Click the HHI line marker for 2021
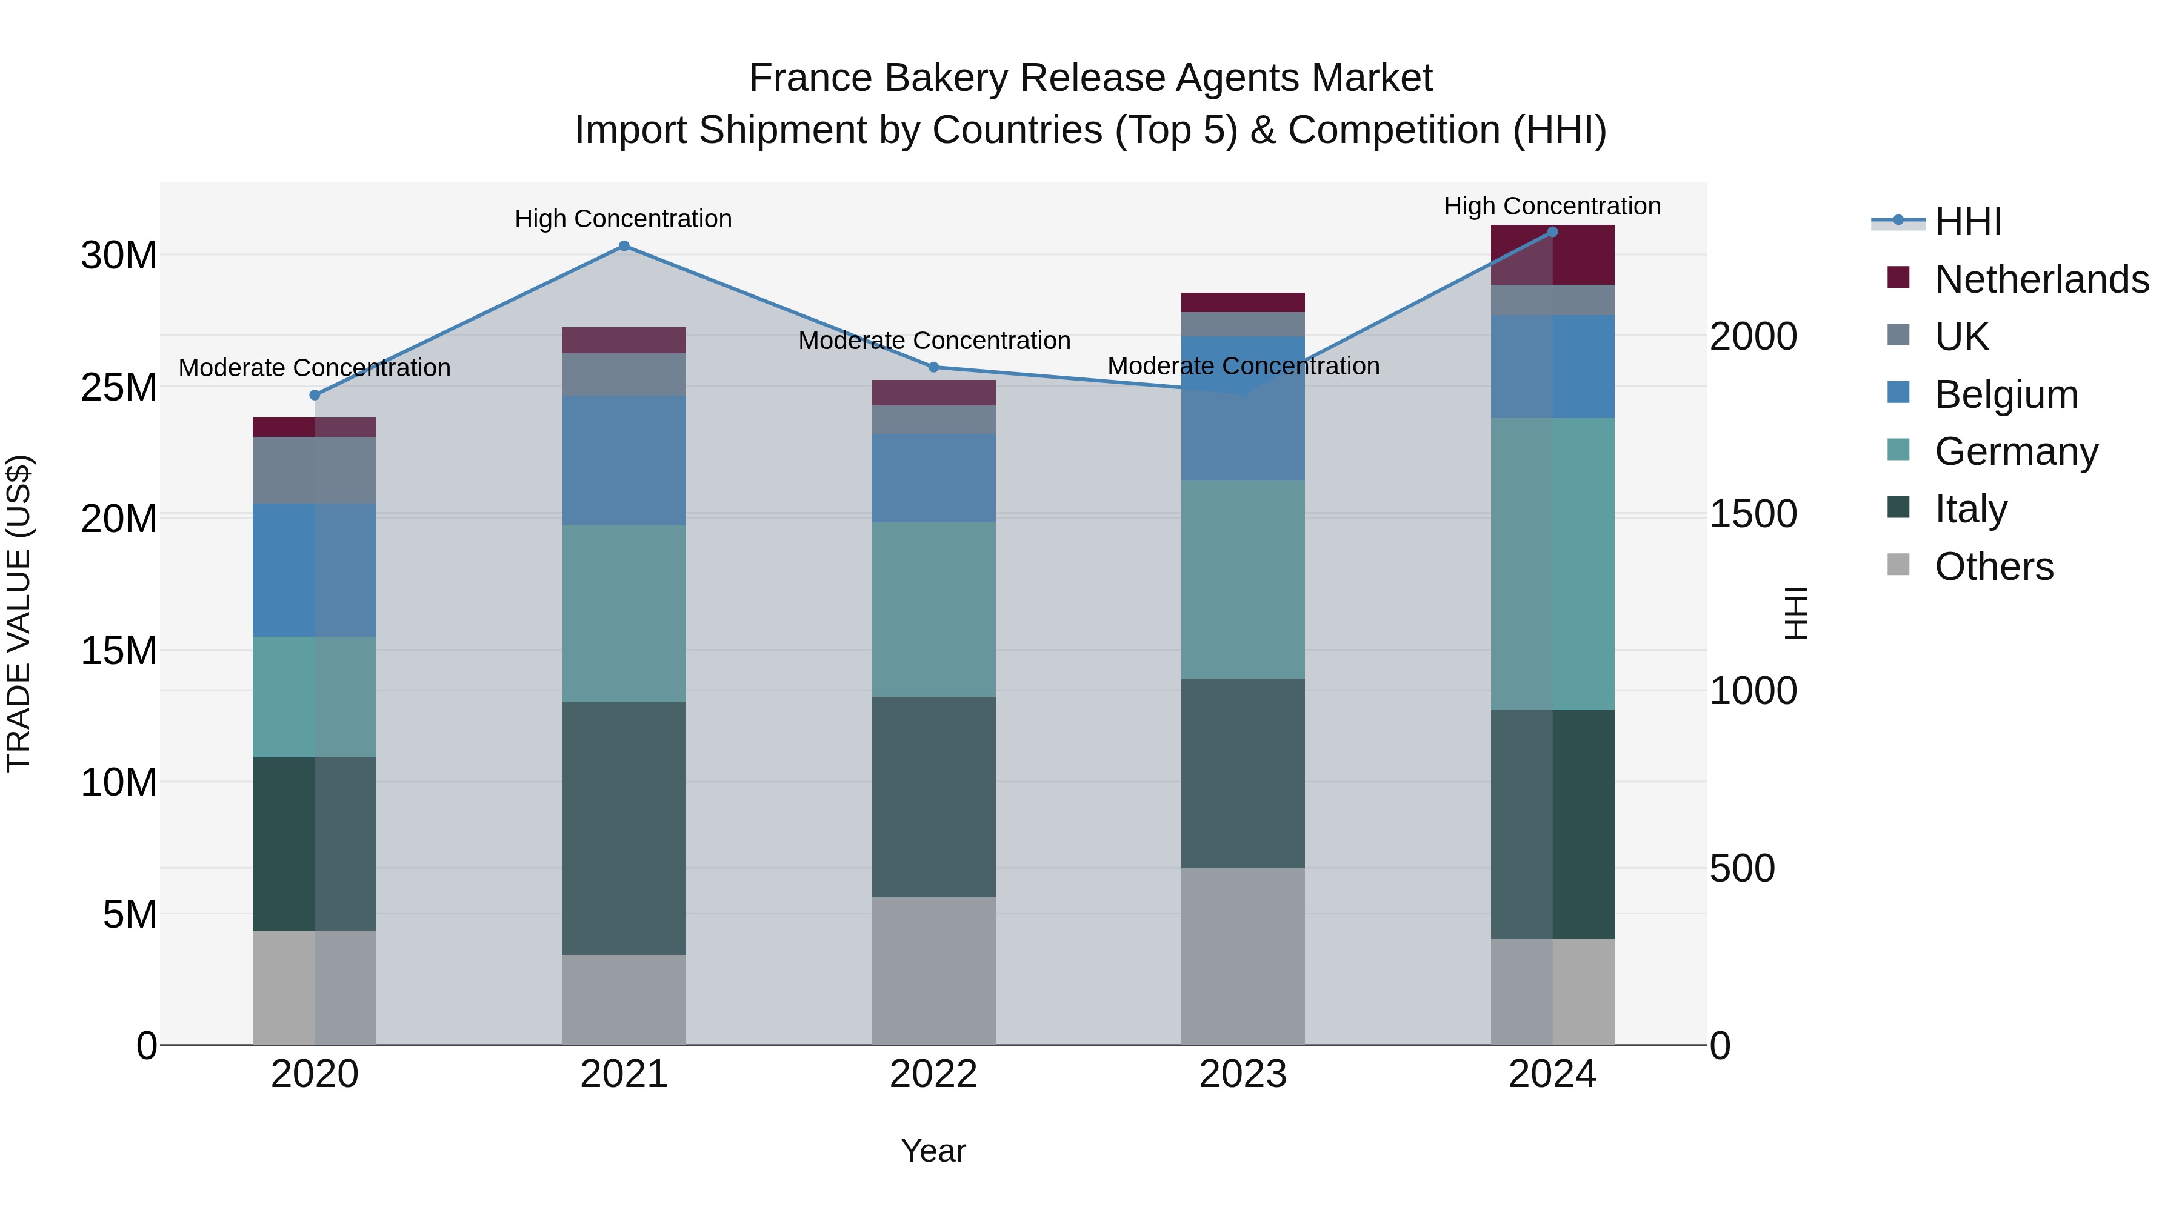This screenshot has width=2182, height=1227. (x=624, y=245)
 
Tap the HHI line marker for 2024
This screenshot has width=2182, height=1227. (x=1552, y=231)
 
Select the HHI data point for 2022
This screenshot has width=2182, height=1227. (x=933, y=367)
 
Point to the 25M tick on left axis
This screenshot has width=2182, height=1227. (x=119, y=387)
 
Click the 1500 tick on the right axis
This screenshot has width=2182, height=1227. (x=1752, y=514)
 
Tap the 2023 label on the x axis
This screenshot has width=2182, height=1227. (x=1243, y=1074)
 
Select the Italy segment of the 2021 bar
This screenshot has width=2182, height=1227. (x=624, y=828)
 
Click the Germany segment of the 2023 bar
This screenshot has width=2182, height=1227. (x=1243, y=579)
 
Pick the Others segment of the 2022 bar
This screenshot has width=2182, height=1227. (x=933, y=971)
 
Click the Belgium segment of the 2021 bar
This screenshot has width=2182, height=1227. (x=624, y=460)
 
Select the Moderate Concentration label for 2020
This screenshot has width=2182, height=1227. (x=314, y=368)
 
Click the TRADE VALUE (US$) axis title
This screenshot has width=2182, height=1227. (x=19, y=613)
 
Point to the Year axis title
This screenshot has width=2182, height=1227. (x=933, y=1151)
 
